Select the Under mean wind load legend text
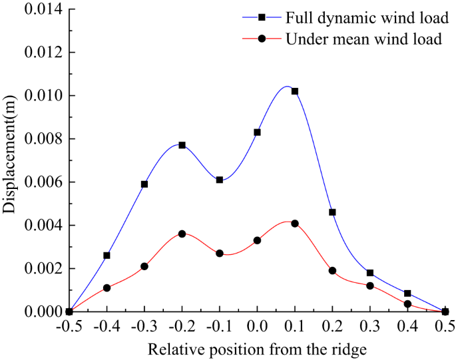(x=363, y=39)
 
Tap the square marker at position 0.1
(x=295, y=91)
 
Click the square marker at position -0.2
(x=182, y=145)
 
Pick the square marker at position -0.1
(x=220, y=180)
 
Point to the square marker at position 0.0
(x=257, y=132)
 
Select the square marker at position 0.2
(x=332, y=212)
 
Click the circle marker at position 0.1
(x=295, y=224)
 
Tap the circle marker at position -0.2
(x=182, y=234)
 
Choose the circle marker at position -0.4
(x=107, y=288)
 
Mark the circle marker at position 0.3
(x=370, y=286)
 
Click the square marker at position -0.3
(x=144, y=184)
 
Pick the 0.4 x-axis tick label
(x=407, y=326)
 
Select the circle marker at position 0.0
(x=257, y=240)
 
